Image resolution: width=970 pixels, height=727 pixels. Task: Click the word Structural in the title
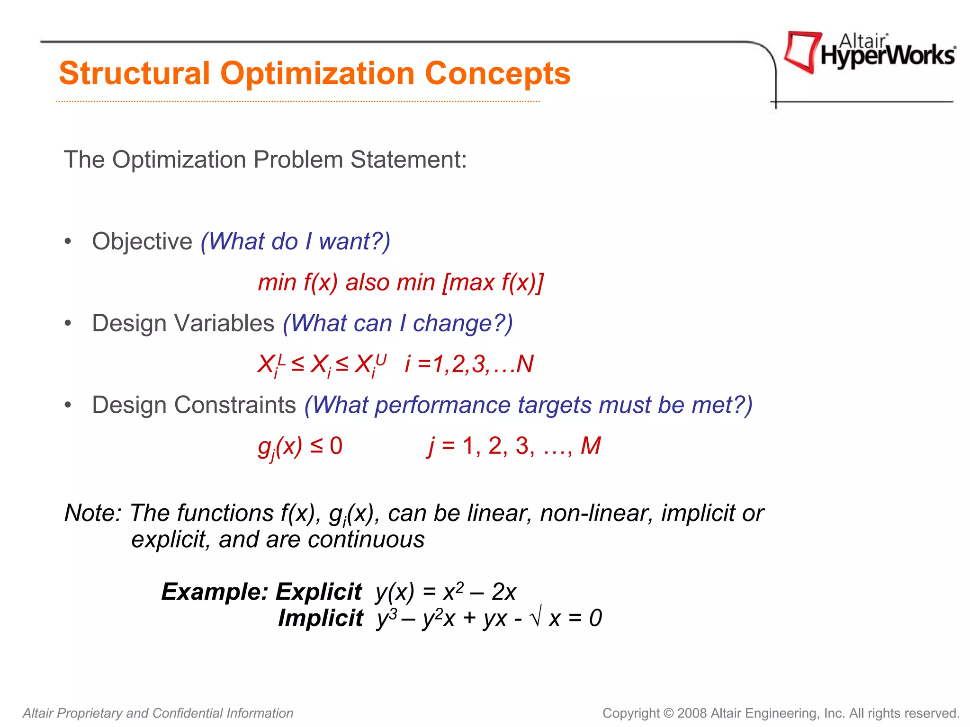click(134, 73)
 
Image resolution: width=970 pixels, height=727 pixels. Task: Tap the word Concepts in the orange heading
click(497, 73)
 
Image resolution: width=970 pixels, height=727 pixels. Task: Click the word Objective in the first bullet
click(142, 242)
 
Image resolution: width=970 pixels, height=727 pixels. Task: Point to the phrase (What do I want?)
click(296, 242)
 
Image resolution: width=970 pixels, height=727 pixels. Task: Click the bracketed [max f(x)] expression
click(493, 283)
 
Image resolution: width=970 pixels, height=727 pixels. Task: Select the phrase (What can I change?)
click(398, 324)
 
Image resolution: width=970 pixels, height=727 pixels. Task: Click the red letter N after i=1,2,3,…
click(525, 364)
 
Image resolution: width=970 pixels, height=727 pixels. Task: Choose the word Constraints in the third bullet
click(235, 406)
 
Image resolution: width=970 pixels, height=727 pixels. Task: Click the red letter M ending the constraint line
click(591, 446)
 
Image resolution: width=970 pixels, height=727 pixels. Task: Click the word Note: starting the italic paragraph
click(93, 513)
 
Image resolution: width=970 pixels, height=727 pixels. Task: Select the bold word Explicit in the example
click(319, 592)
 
